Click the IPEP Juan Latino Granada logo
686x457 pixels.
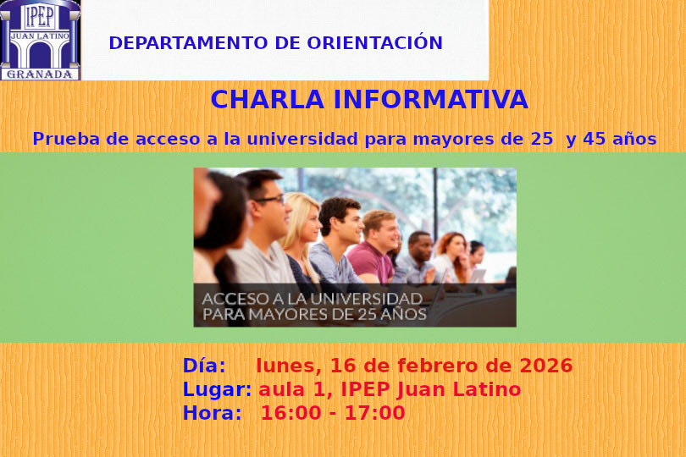tap(41, 40)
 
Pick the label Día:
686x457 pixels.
tap(204, 366)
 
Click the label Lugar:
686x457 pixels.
tap(217, 390)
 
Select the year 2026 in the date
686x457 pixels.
tap(546, 366)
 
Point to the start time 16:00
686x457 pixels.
tap(287, 414)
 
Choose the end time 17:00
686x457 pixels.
tap(377, 414)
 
